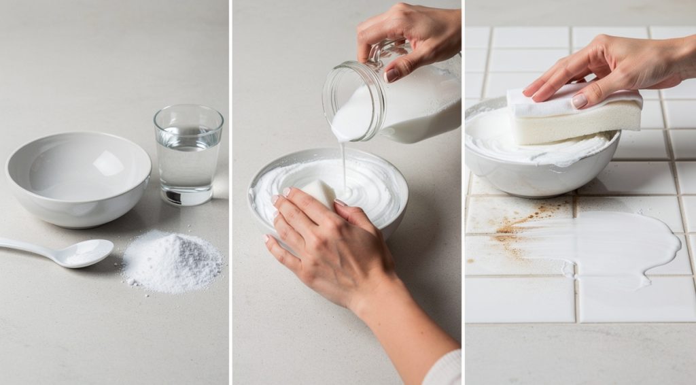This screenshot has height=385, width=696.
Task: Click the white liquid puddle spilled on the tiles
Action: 612,245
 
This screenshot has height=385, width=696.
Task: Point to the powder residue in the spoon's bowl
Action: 85,253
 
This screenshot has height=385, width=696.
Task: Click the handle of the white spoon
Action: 27,246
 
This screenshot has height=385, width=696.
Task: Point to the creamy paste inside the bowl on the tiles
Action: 496,143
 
